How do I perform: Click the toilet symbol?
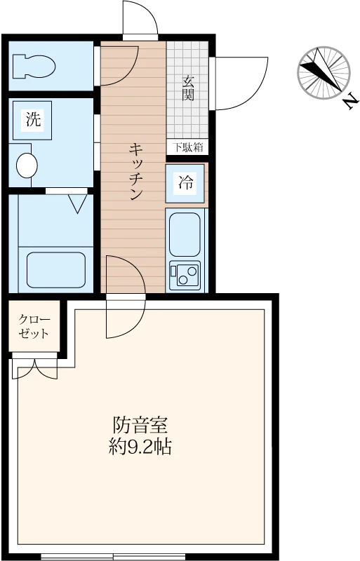[x=34, y=66]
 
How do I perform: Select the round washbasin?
[x=27, y=165]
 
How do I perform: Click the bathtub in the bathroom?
[x=56, y=270]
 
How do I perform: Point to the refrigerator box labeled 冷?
[x=185, y=183]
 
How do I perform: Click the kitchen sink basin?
[x=185, y=234]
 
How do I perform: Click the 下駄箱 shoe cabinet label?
[x=187, y=147]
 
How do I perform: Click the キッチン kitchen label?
[x=135, y=171]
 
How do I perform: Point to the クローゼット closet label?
[x=34, y=326]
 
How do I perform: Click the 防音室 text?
[x=140, y=425]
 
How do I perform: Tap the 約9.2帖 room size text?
[x=140, y=447]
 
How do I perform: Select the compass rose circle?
[x=324, y=73]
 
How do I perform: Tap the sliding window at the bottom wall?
[x=113, y=557]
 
